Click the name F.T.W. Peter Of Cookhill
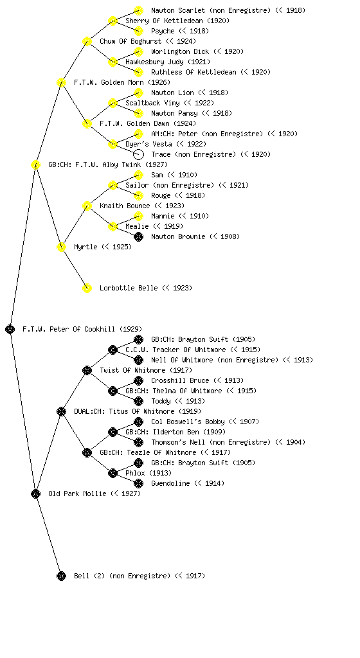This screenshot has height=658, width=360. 69,329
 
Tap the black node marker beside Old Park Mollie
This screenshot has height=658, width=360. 35,493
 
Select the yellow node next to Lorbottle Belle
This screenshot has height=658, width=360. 87,288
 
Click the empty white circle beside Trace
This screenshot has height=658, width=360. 138,154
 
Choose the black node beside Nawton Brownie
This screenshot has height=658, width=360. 138,236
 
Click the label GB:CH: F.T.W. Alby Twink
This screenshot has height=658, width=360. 94,164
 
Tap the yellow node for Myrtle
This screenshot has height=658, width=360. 61,247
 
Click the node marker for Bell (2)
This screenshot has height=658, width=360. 61,576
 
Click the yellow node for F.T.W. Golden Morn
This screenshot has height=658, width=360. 61,82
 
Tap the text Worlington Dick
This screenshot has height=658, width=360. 180,51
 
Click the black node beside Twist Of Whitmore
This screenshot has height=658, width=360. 87,370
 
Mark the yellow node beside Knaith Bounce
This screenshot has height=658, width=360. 87,206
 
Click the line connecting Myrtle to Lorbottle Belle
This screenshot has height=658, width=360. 75,267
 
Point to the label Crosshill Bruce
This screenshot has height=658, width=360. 180,380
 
